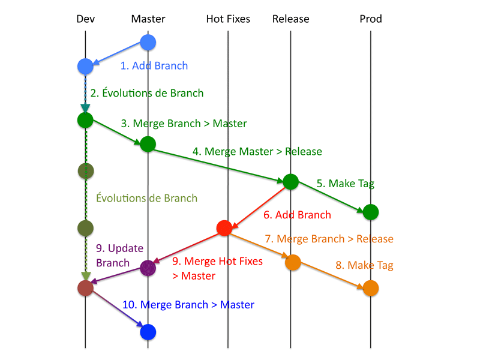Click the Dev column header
[x=85, y=19]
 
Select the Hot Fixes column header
[x=228, y=19]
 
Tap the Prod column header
[x=371, y=19]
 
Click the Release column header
[x=291, y=19]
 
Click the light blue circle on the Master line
[x=148, y=42]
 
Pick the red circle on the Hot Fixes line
[x=224, y=228]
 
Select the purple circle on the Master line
[x=148, y=268]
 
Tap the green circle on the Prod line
[x=371, y=212]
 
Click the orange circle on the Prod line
[x=371, y=288]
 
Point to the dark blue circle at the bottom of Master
[x=148, y=332]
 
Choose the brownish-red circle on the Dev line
[x=85, y=288]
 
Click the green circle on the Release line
[x=291, y=182]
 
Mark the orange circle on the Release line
[x=293, y=262]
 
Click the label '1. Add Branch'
[x=154, y=66]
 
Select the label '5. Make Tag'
[x=346, y=184]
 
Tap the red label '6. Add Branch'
[x=297, y=215]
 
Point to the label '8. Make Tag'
[x=364, y=265]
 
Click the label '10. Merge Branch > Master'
[x=188, y=305]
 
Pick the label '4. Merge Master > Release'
[x=257, y=152]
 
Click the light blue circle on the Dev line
[x=85, y=67]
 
